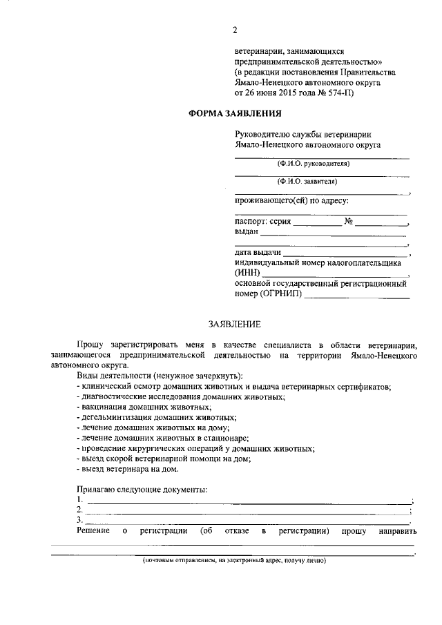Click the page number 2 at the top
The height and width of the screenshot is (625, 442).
[x=235, y=30]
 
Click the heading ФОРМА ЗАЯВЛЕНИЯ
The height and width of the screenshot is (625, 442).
[x=236, y=113]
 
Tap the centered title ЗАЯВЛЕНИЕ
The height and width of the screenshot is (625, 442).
[x=235, y=323]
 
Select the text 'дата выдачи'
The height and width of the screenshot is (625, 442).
[x=258, y=253]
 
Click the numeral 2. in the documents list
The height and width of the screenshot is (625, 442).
[x=80, y=509]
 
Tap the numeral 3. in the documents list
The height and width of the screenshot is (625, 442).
[x=80, y=519]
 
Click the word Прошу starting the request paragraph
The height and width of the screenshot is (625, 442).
[x=89, y=344]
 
